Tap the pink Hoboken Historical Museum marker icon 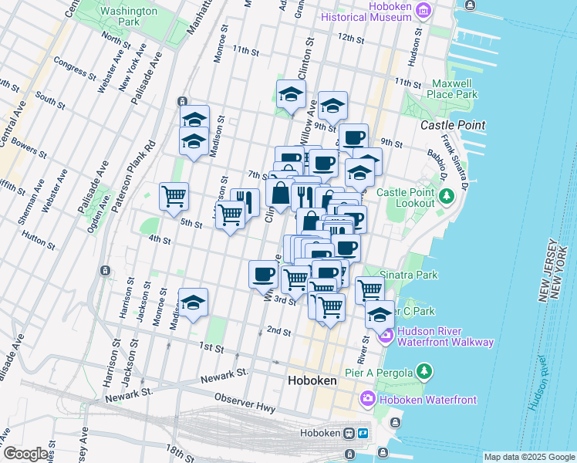pyautogui.click(x=423, y=11)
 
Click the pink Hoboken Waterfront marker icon pyautogui.click(x=367, y=399)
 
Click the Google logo pyautogui.click(x=25, y=454)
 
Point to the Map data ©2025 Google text pyautogui.click(x=528, y=457)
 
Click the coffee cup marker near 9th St pyautogui.click(x=353, y=138)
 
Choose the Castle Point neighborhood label pyautogui.click(x=453, y=125)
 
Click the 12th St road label pyautogui.click(x=350, y=37)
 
